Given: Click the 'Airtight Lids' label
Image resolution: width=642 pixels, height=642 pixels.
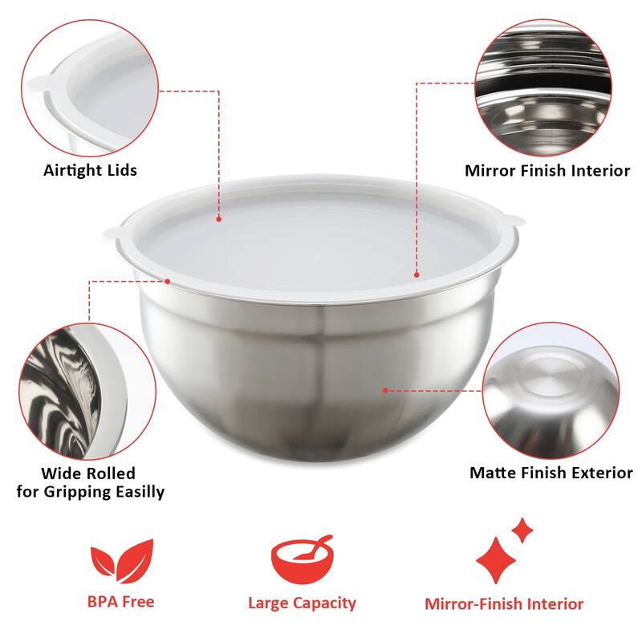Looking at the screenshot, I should click(90, 170).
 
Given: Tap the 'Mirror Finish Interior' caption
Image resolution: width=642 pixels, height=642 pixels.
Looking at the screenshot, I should click(547, 170).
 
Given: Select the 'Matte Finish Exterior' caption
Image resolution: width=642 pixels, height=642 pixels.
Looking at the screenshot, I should click(551, 473).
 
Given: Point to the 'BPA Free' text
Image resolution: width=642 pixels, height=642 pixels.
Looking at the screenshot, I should click(120, 600).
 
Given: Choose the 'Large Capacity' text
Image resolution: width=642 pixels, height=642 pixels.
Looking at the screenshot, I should click(302, 603).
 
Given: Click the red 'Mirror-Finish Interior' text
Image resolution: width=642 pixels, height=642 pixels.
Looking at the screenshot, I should click(504, 604).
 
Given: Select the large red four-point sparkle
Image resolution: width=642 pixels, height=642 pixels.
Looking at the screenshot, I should click(496, 559).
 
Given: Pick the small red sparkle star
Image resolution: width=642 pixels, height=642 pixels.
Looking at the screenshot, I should click(522, 530).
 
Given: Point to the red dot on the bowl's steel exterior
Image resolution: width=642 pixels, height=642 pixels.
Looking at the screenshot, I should click(386, 391).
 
